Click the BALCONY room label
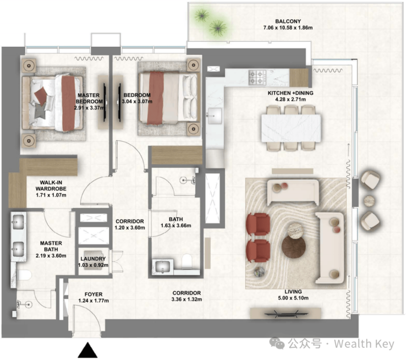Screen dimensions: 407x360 pos(288,21)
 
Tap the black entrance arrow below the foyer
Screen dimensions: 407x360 pos(88,351)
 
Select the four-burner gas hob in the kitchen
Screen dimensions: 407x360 pos(257,77)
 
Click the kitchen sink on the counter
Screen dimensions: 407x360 pos(215,116)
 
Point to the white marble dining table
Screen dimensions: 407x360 pos(291,128)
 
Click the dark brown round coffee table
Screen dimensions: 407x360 pos(294,247)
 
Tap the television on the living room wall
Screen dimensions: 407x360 pos(286,314)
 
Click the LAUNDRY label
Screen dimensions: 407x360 pos(93,259)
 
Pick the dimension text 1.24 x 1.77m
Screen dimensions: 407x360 pos(94,301)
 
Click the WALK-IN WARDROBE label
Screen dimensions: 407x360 pos(51,186)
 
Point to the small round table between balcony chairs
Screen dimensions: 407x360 pos(369,201)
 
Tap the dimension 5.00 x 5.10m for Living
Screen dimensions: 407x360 pos(293,298)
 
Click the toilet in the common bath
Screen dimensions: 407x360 pos(186,261)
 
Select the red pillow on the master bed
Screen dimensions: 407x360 pos(41,95)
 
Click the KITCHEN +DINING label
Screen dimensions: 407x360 pos(290,93)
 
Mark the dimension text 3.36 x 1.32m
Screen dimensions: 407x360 pos(186,299)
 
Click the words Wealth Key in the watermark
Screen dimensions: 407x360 pos(364,344)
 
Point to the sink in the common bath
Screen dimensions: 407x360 pos(162,266)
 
